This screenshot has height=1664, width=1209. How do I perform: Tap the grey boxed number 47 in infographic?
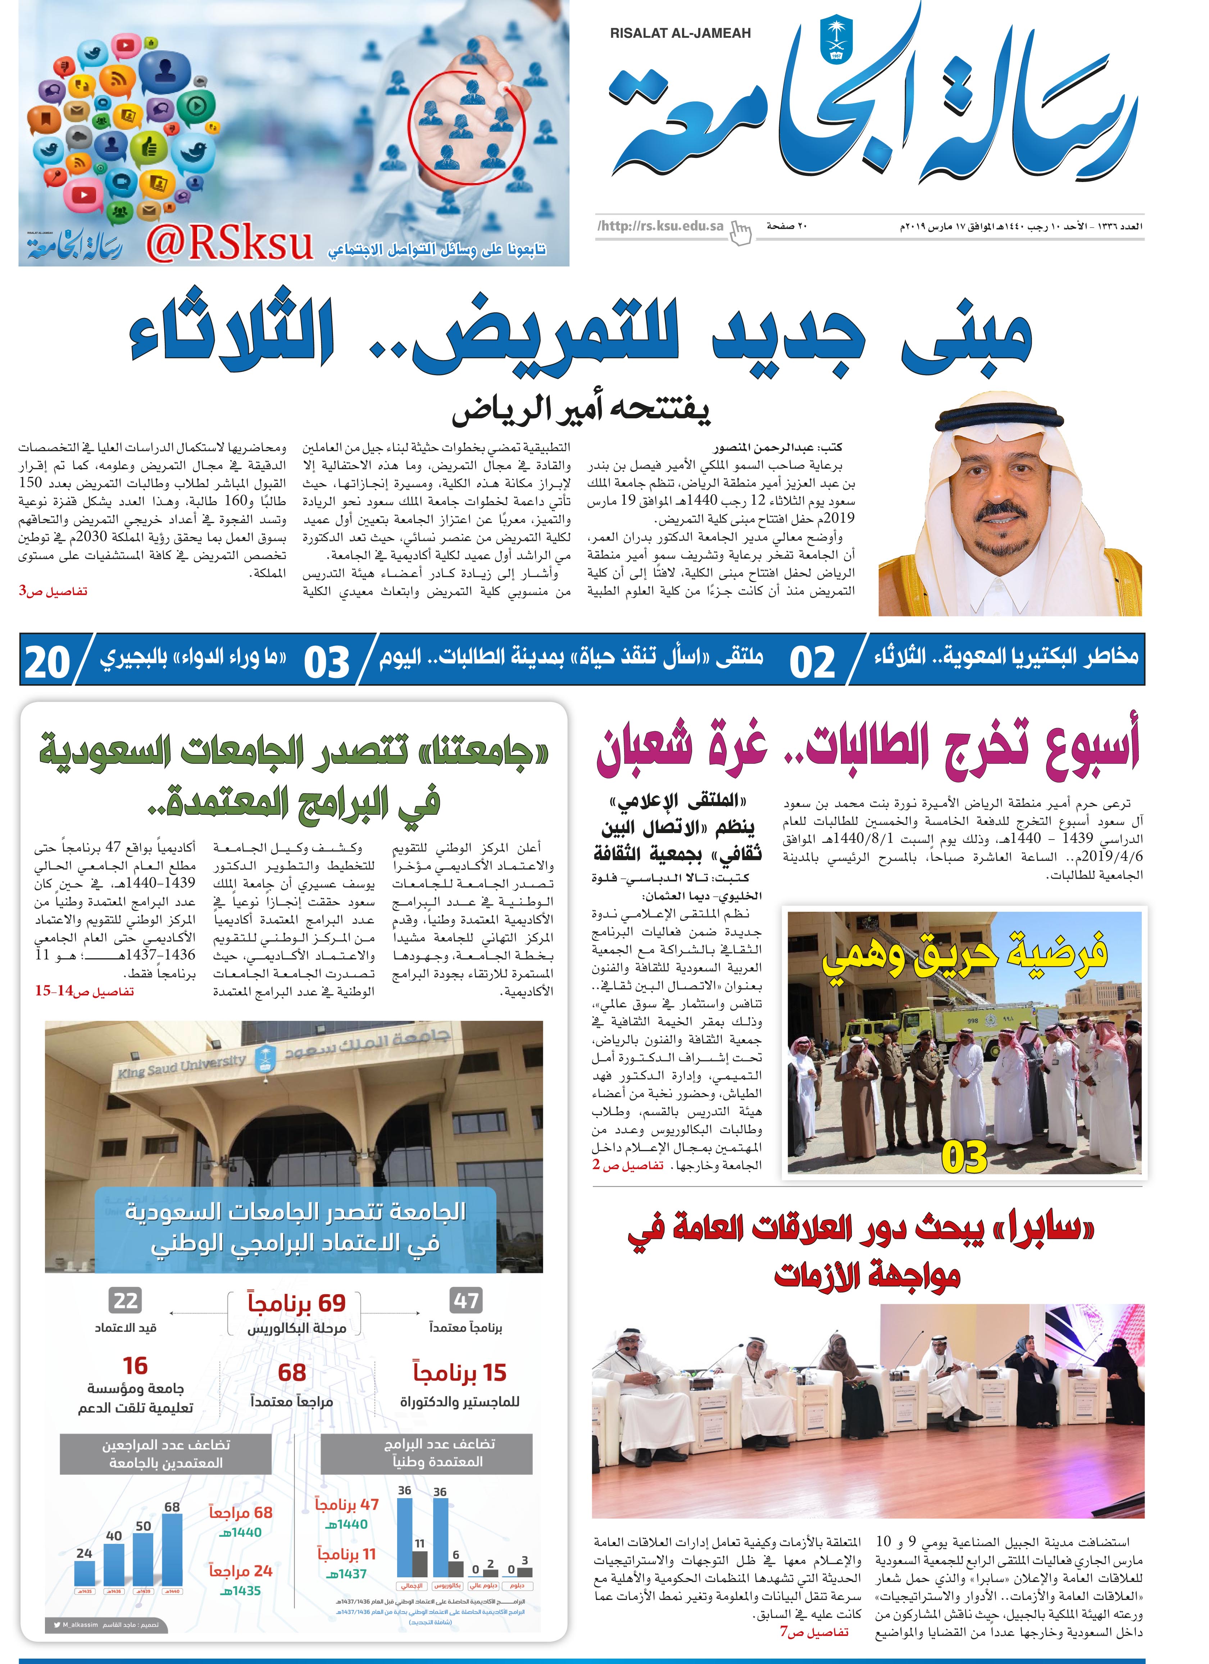pyautogui.click(x=466, y=1301)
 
